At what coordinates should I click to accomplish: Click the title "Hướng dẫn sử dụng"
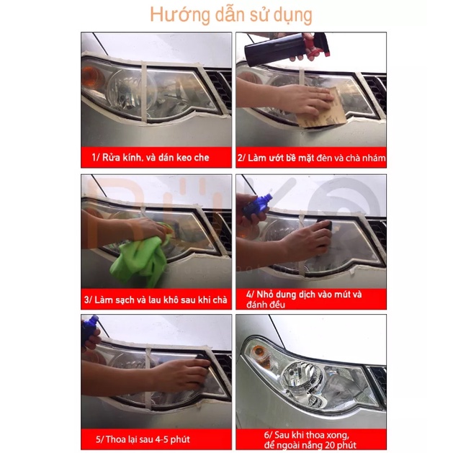click(x=231, y=14)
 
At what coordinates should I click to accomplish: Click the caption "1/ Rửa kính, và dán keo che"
click(x=151, y=158)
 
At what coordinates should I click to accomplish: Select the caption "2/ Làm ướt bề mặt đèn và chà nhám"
click(x=311, y=158)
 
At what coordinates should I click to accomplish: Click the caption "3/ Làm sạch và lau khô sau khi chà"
click(x=156, y=300)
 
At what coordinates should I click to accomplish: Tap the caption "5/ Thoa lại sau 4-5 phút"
click(x=143, y=439)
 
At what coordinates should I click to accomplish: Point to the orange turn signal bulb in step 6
click(x=259, y=353)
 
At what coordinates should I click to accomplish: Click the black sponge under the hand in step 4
click(x=324, y=228)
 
